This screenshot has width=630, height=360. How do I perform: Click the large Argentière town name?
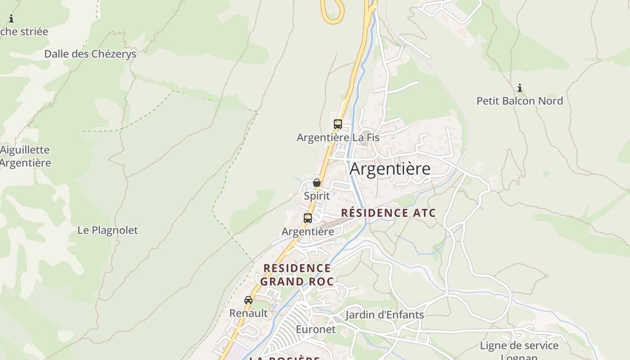pyautogui.click(x=390, y=169)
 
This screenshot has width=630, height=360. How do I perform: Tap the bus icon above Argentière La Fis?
pyautogui.click(x=338, y=124)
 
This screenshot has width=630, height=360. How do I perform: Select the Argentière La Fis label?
pyautogui.click(x=338, y=137)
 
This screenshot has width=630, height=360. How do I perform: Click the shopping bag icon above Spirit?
pyautogui.click(x=317, y=183)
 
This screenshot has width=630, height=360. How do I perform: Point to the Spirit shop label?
pyautogui.click(x=317, y=196)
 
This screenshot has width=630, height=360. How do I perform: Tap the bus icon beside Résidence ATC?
pyautogui.click(x=308, y=218)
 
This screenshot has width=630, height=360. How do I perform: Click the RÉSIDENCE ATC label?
pyautogui.click(x=388, y=213)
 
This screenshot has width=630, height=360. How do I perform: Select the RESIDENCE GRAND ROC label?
pyautogui.click(x=297, y=275)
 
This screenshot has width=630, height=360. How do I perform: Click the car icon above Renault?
pyautogui.click(x=248, y=300)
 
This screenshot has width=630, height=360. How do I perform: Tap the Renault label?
pyautogui.click(x=248, y=313)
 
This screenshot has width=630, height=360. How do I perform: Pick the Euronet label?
pyautogui.click(x=315, y=329)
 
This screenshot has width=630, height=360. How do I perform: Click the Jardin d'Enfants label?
pyautogui.click(x=384, y=315)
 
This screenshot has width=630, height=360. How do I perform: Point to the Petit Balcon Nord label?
pyautogui.click(x=520, y=101)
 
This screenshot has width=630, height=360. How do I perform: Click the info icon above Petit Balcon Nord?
pyautogui.click(x=520, y=88)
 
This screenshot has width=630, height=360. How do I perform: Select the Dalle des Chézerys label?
pyautogui.click(x=90, y=54)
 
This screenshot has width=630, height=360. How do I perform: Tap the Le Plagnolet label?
pyautogui.click(x=108, y=230)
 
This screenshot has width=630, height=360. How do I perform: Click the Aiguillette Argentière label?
pyautogui.click(x=25, y=156)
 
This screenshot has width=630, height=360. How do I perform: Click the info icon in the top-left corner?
pyautogui.click(x=11, y=19)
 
